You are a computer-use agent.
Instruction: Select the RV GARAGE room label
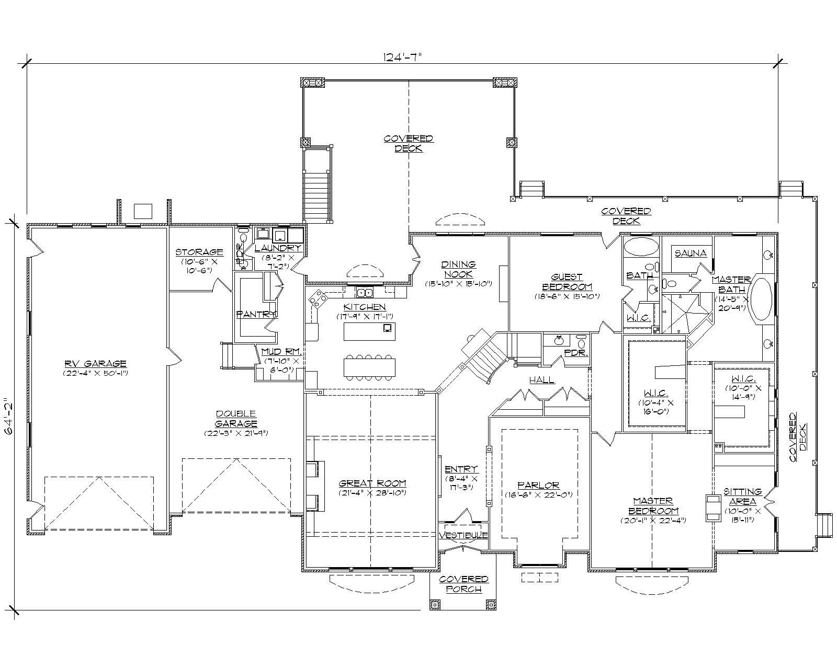coord(96,364)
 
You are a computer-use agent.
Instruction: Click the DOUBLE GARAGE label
coord(236,419)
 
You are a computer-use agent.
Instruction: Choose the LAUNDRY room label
coord(278,248)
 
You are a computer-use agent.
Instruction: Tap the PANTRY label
coord(256,314)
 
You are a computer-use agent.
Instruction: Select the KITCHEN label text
coord(365,307)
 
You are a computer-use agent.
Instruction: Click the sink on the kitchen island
coord(388,328)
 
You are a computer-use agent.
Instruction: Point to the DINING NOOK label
coord(459,269)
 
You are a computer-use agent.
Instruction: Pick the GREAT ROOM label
coord(372,484)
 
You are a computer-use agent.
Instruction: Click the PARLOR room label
coord(538,486)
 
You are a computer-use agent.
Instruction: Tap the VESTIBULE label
coord(463,536)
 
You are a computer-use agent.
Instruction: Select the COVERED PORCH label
coord(463,584)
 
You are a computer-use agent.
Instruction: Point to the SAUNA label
coord(691,253)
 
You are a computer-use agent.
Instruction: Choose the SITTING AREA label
coord(742,497)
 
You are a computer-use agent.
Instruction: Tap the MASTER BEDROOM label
coord(653,505)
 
